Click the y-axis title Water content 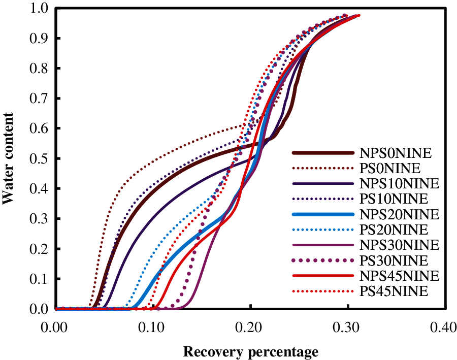(x=9, y=158)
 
